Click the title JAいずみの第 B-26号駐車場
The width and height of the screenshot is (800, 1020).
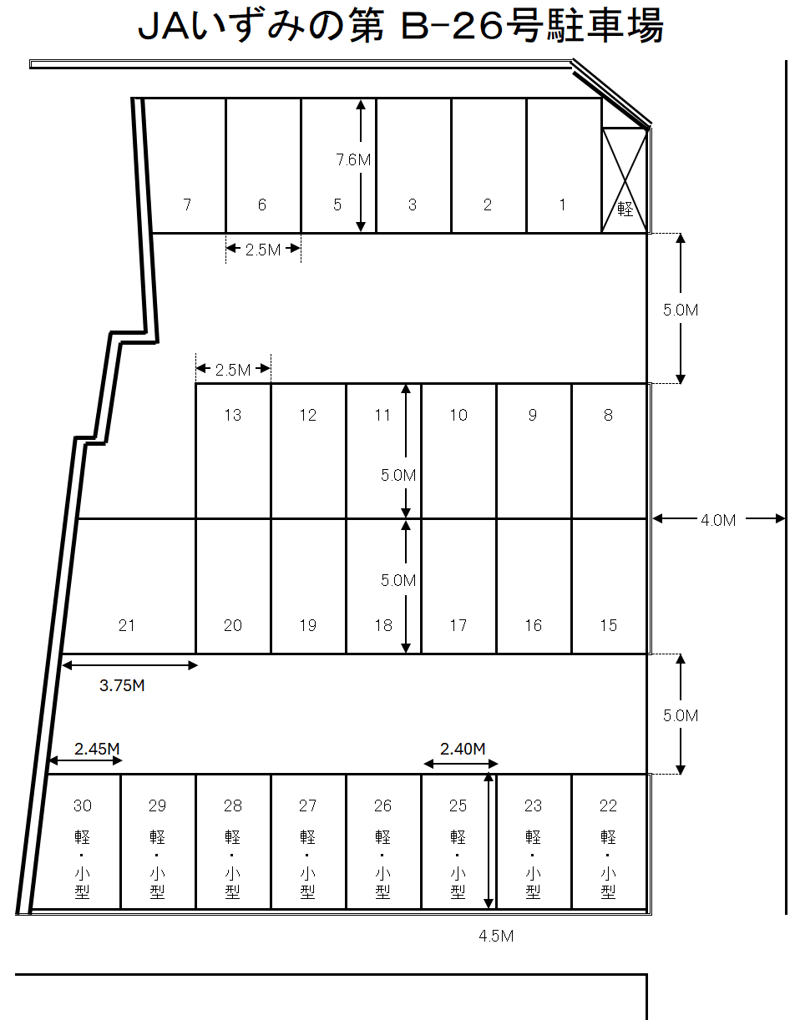pyautogui.click(x=400, y=27)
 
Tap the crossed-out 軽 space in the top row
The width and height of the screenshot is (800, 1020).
pyautogui.click(x=625, y=180)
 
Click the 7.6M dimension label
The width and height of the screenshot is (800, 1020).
pyautogui.click(x=352, y=160)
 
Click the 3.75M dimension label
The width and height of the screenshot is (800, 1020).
pyautogui.click(x=122, y=685)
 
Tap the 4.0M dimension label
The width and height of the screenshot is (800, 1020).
pyautogui.click(x=718, y=520)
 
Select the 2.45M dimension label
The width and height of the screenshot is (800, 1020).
pyautogui.click(x=97, y=749)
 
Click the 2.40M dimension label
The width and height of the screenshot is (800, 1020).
pyautogui.click(x=463, y=749)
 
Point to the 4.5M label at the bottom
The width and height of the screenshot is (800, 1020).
pyautogui.click(x=496, y=936)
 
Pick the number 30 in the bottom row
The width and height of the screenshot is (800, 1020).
pyautogui.click(x=83, y=805)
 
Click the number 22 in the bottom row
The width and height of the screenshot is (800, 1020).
pyautogui.click(x=608, y=805)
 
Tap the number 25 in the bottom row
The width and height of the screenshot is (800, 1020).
pyautogui.click(x=458, y=805)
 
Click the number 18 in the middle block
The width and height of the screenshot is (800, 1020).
pyautogui.click(x=382, y=625)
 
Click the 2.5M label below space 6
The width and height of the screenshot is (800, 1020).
pyautogui.click(x=263, y=250)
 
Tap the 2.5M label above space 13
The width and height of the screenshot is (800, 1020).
pyautogui.click(x=232, y=370)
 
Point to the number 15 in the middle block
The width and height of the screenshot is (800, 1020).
pyautogui.click(x=608, y=625)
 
